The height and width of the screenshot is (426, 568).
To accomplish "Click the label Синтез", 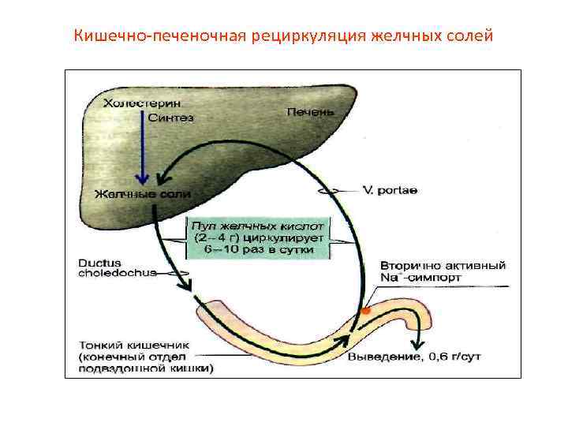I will pos(170,118).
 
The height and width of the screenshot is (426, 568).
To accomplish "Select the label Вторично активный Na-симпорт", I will pos(442,271).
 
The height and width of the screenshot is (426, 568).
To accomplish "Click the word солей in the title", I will pos(473,35).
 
